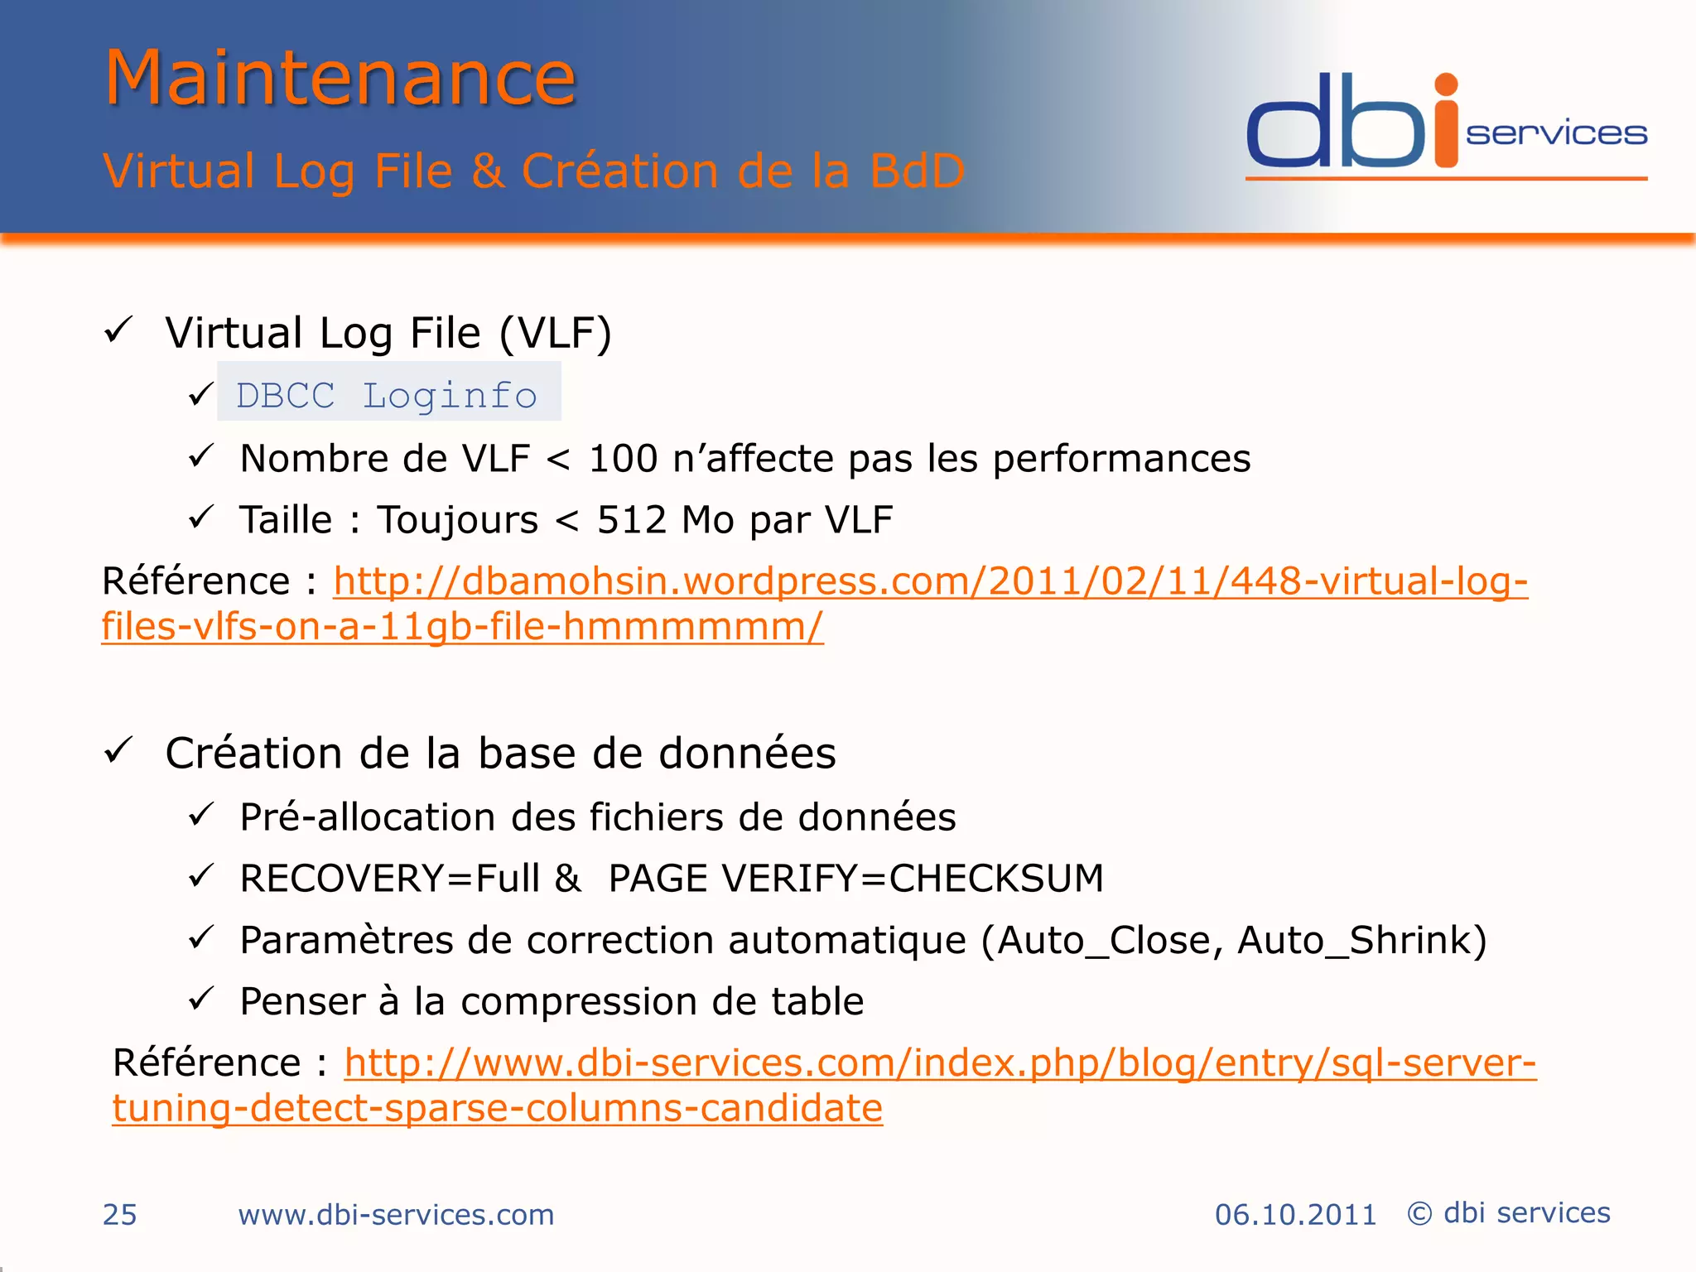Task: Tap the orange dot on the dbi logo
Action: click(x=1446, y=85)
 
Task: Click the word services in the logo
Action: click(x=1556, y=133)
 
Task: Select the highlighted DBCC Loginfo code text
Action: click(x=387, y=395)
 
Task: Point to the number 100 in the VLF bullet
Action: click(x=623, y=459)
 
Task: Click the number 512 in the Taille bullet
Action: click(x=631, y=520)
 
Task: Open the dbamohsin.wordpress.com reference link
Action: click(x=930, y=581)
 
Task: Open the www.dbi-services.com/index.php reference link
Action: click(x=940, y=1062)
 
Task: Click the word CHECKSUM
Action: click(x=996, y=879)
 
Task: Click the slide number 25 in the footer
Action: click(x=119, y=1215)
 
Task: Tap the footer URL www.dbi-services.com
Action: click(x=396, y=1215)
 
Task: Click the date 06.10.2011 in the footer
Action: click(x=1295, y=1215)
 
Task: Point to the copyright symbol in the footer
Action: click(x=1419, y=1213)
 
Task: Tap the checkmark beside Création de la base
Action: click(x=118, y=751)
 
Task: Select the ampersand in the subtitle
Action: click(x=488, y=171)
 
